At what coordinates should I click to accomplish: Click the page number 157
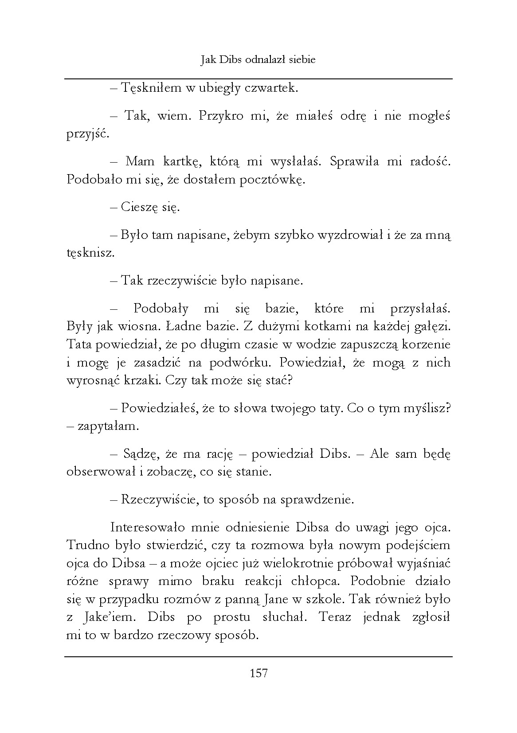point(258,674)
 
